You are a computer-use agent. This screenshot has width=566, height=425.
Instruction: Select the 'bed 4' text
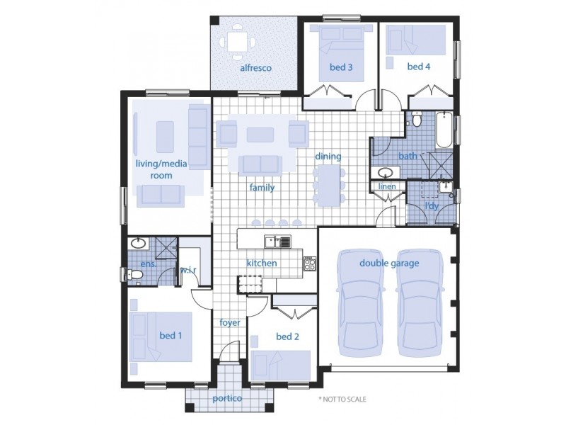418,67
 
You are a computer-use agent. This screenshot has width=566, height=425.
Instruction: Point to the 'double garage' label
389,263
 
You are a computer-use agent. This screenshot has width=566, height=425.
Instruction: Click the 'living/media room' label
161,169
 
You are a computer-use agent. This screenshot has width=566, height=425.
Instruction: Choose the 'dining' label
328,157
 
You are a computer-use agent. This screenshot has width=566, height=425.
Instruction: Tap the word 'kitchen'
261,263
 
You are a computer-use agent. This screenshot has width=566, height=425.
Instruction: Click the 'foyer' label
230,322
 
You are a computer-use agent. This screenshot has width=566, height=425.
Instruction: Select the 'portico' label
227,399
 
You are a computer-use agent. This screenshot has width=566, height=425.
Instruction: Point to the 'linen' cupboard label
387,186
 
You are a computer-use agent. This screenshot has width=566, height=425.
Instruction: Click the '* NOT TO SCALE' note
342,399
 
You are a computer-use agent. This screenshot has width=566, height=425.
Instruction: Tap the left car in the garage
362,305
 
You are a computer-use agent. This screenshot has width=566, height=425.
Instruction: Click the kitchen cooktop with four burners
310,264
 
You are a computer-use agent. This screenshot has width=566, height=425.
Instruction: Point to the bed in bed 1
163,336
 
